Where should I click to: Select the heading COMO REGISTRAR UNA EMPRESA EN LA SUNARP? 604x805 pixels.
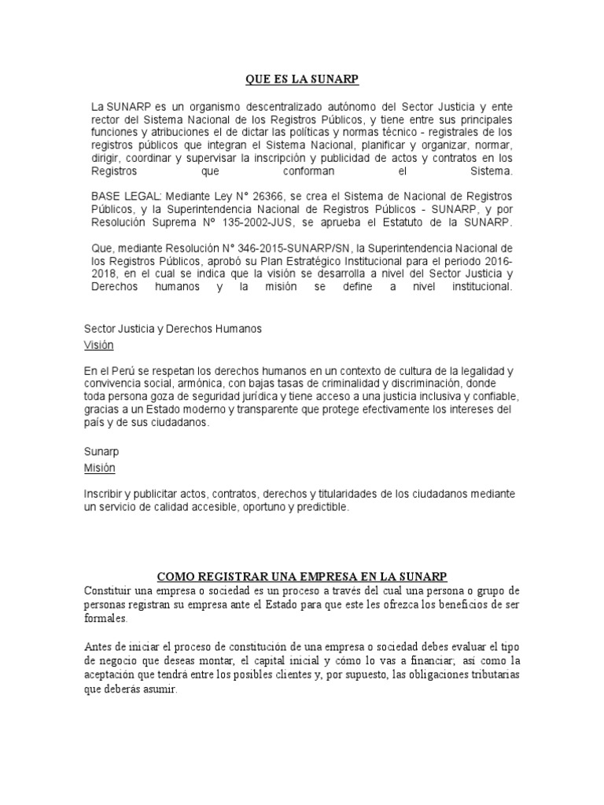point(302,576)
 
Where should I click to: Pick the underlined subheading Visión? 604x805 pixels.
point(99,345)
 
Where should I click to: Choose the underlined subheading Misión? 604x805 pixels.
point(99,468)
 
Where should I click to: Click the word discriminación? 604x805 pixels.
point(408,383)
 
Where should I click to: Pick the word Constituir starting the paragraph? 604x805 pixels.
point(109,590)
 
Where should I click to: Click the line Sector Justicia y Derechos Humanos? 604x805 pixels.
point(173,329)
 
